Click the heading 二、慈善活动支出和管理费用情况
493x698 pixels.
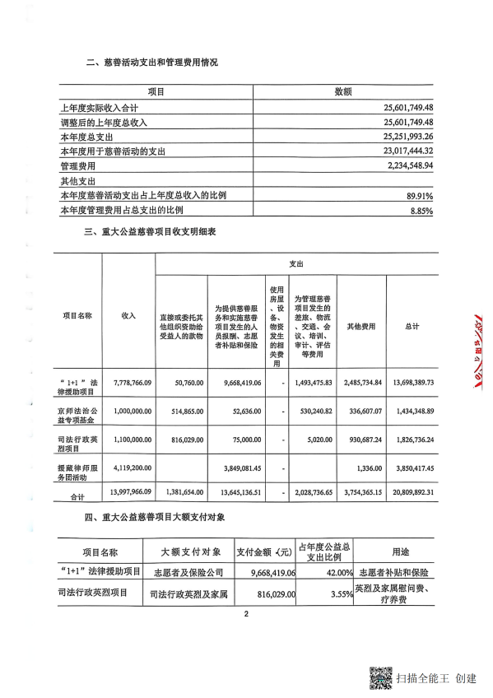(x=151, y=63)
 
